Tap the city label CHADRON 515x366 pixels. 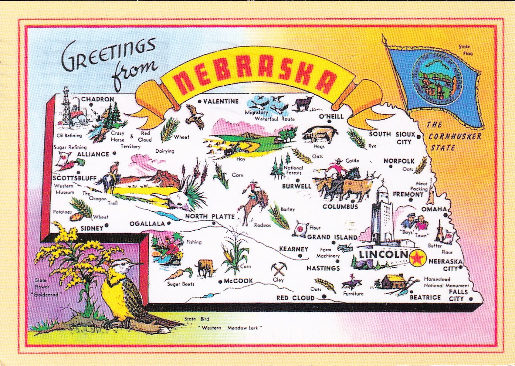[98, 99]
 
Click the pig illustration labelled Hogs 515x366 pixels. [318, 134]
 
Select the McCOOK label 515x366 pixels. [238, 281]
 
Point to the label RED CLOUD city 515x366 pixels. [295, 298]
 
